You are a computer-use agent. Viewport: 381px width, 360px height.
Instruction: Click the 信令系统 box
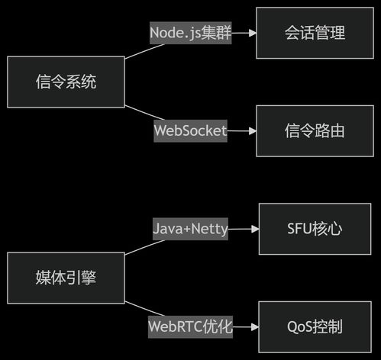click(x=66, y=82)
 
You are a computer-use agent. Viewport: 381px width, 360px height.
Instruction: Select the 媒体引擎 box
click(x=66, y=278)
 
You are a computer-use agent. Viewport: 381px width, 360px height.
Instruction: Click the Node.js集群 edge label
click(x=190, y=34)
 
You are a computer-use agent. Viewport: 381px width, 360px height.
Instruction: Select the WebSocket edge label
click(x=190, y=130)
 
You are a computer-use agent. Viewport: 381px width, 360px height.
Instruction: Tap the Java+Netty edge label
click(x=190, y=229)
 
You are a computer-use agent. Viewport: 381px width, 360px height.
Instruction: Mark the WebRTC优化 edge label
click(x=190, y=326)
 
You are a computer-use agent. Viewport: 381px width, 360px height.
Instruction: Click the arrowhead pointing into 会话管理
click(x=251, y=34)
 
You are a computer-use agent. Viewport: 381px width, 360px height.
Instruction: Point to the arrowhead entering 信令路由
click(x=251, y=130)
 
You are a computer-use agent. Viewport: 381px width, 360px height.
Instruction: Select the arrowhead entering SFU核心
click(x=254, y=229)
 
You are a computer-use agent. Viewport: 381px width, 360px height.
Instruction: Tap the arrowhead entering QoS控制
click(x=254, y=326)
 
